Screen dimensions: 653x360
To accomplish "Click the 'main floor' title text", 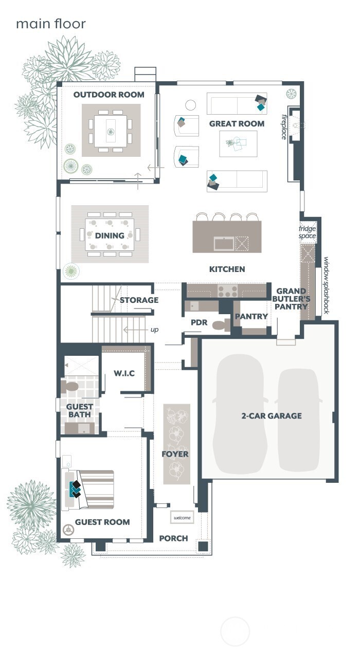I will [50, 24].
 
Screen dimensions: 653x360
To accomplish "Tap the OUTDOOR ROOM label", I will [109, 95].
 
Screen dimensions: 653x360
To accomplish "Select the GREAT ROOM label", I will [237, 123].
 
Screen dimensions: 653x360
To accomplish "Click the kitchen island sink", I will [224, 243].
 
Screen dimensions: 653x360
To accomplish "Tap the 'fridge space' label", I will [308, 232].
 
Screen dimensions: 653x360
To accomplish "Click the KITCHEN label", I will [227, 269].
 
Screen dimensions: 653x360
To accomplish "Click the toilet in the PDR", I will [220, 325].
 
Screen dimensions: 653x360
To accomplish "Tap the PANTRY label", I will [251, 316].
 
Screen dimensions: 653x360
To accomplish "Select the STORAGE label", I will [139, 300].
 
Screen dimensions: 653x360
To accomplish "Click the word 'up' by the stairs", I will [154, 330].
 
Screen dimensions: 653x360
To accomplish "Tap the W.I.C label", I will [124, 373].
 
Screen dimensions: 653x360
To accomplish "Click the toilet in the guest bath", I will [70, 386].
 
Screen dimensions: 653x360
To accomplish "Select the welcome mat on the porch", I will [182, 517].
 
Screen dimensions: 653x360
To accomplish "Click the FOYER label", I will [175, 454].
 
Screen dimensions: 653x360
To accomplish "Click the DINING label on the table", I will [110, 235].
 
